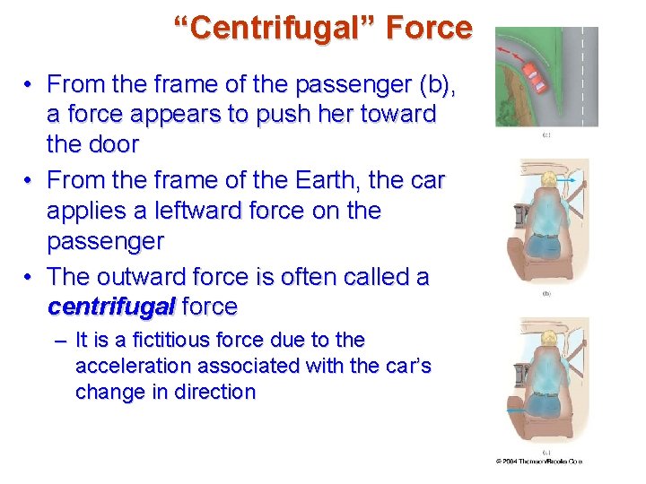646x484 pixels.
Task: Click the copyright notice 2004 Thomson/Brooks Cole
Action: click(x=539, y=461)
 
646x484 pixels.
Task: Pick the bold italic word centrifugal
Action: click(x=111, y=307)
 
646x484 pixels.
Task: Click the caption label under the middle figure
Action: click(x=546, y=293)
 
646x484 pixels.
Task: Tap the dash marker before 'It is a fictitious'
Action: click(x=59, y=341)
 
